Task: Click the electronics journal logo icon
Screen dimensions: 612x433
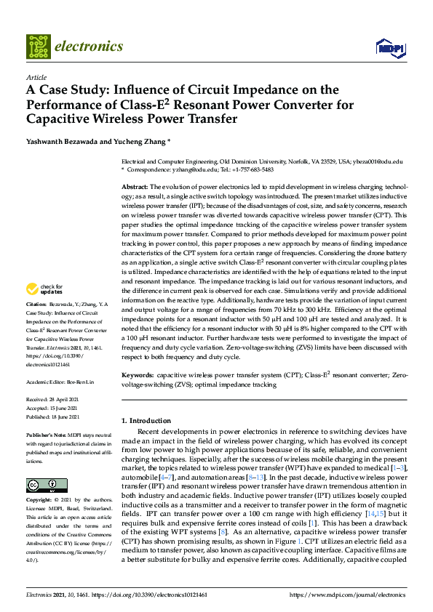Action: pos(39,47)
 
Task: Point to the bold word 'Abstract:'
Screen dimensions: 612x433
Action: pos(135,187)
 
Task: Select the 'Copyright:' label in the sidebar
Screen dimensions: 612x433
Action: pos(39,501)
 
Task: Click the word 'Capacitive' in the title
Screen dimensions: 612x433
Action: pos(63,118)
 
